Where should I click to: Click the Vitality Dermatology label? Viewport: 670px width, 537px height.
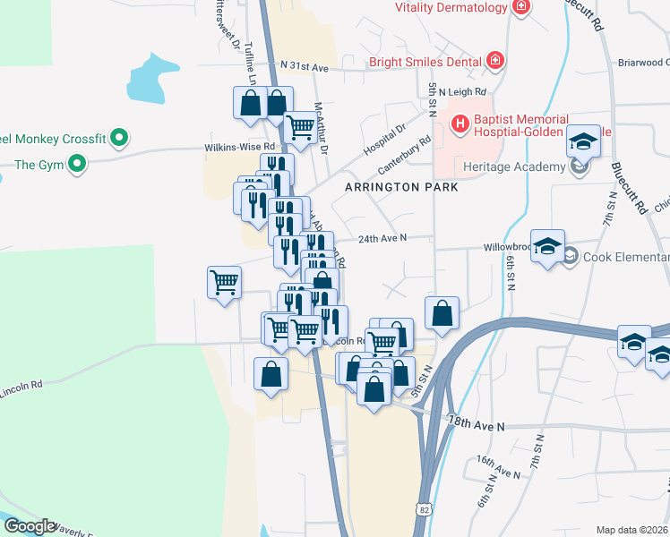[452, 7]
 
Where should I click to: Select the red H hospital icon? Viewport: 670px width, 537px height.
[460, 124]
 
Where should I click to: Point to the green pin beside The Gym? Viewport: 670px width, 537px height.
[77, 164]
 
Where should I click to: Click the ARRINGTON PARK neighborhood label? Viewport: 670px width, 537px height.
[402, 187]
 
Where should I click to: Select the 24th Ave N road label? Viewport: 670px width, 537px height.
[382, 238]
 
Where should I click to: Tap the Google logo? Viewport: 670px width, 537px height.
[30, 526]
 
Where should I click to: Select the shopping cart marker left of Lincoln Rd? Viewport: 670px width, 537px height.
[224, 283]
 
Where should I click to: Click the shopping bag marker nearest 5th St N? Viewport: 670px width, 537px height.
[442, 314]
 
